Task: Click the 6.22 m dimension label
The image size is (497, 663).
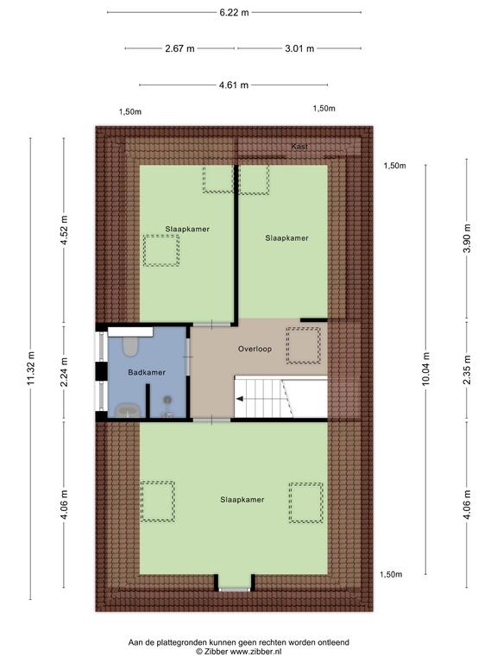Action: coord(234,13)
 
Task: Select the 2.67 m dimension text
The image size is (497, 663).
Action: coord(179,48)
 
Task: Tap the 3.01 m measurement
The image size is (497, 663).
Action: coord(299,48)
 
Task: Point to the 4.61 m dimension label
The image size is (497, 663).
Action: coord(234,85)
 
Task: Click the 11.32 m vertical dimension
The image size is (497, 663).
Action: coord(30,369)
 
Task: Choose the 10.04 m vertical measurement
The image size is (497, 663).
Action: coord(425,369)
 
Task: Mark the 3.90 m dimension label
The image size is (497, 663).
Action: coord(467,238)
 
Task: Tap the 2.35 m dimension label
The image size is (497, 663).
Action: coord(467,370)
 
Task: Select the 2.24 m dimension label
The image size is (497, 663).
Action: coord(64,372)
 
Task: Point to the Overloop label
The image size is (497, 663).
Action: coord(255,349)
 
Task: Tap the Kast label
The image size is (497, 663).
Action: coord(299,147)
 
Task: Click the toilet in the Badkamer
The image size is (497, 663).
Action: coord(129,346)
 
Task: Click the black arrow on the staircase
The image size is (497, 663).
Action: coord(240,399)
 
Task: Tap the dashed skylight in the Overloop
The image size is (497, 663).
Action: coord(303,345)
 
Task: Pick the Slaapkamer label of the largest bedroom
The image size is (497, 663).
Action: coord(242,499)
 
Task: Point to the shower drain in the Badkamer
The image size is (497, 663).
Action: coord(167,399)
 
